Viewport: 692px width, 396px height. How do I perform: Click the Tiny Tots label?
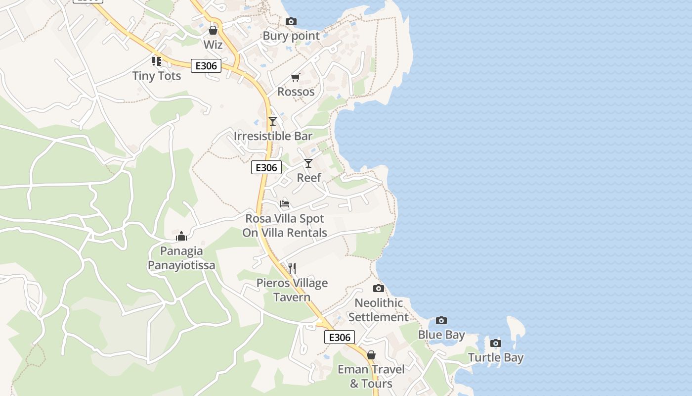click(x=157, y=76)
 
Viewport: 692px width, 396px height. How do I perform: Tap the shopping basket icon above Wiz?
click(x=213, y=30)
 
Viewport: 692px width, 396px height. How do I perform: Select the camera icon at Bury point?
click(x=291, y=21)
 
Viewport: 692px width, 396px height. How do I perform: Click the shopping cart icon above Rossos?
click(x=296, y=77)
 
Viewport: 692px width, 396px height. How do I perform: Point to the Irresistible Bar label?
click(x=273, y=136)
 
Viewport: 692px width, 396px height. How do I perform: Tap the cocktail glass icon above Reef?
click(x=308, y=163)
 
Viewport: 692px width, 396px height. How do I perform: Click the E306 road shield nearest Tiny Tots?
click(x=206, y=65)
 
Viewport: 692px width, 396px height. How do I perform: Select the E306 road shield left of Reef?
click(x=266, y=167)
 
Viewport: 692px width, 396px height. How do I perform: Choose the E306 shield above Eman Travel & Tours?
click(x=340, y=337)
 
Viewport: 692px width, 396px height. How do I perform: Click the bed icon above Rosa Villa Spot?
click(x=285, y=203)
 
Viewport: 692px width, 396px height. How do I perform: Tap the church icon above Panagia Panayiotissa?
click(x=181, y=236)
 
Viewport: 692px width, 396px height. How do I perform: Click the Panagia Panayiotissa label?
click(x=181, y=258)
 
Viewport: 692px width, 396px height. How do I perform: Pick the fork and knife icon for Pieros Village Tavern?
click(x=292, y=268)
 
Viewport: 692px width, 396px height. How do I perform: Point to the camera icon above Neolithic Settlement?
click(x=379, y=288)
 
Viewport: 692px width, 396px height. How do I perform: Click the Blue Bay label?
click(x=441, y=335)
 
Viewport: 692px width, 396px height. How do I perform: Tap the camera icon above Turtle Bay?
click(x=496, y=343)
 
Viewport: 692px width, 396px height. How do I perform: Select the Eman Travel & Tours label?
click(x=371, y=376)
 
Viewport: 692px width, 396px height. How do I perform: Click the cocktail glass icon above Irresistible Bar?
click(x=272, y=121)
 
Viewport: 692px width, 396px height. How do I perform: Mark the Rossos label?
click(x=296, y=92)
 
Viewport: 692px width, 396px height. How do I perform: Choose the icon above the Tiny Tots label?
click(x=157, y=61)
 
